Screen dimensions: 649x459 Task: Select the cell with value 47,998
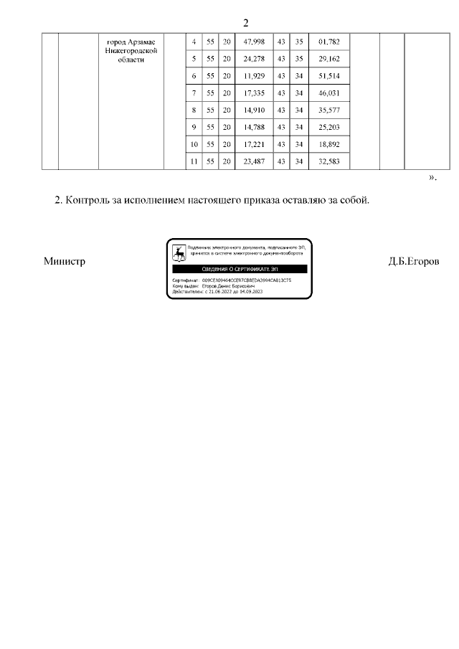point(255,42)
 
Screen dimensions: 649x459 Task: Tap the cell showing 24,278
point(255,58)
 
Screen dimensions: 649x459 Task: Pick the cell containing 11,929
point(255,75)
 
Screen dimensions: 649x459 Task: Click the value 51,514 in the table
point(328,75)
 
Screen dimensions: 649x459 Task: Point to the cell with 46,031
point(328,93)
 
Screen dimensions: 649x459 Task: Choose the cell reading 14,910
point(255,110)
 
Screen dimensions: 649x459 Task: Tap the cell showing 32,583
point(328,161)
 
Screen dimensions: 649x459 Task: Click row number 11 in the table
point(193,161)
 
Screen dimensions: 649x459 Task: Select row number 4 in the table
point(194,42)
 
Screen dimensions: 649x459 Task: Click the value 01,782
point(328,42)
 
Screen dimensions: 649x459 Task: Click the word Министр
point(65,262)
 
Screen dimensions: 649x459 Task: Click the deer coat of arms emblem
point(179,252)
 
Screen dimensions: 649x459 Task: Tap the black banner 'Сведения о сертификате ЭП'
point(239,268)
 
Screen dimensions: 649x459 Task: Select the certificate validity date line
point(218,292)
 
